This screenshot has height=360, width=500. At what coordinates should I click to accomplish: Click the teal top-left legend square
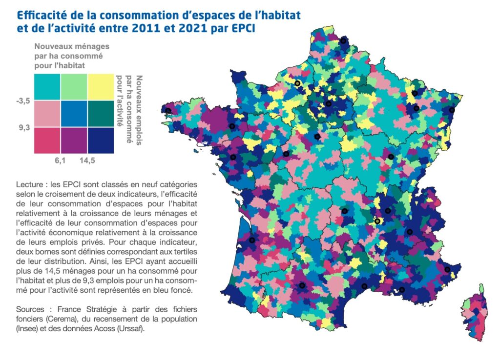point(46,87)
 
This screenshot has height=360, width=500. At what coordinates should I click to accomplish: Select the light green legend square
point(74,87)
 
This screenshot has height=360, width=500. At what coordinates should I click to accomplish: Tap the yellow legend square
point(101,87)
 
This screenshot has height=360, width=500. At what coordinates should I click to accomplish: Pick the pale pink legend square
point(46,114)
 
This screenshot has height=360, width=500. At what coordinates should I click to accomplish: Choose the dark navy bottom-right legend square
point(101,140)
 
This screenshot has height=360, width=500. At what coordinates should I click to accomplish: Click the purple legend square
point(74,140)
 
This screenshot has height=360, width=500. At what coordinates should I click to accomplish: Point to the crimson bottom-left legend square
point(46,140)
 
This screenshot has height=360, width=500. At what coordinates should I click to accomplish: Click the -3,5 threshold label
point(23,101)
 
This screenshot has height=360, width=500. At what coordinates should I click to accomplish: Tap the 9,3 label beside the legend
point(23,128)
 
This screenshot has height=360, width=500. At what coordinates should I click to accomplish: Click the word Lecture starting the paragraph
point(29,185)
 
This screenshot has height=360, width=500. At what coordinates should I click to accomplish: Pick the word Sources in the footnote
point(30,310)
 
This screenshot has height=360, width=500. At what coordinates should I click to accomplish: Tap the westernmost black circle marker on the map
point(168,111)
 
